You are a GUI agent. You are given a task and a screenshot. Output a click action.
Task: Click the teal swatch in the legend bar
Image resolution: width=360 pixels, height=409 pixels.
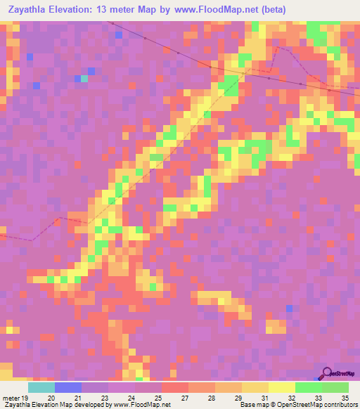click(x=41, y=387)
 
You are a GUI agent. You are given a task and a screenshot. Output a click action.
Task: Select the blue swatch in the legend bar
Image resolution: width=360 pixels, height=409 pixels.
click(x=68, y=387)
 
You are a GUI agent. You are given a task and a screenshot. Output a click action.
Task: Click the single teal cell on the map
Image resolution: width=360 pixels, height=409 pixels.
click(x=84, y=79)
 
